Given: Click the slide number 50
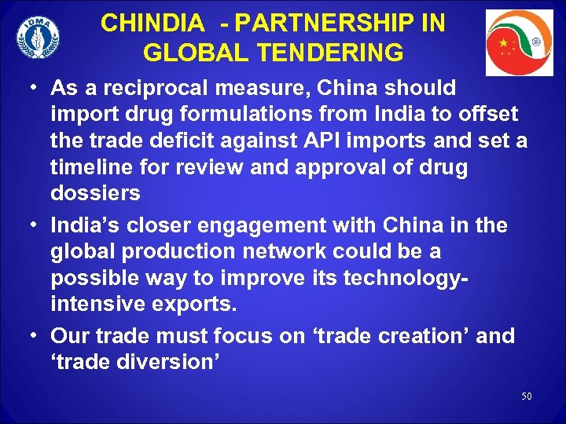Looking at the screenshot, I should [x=526, y=397].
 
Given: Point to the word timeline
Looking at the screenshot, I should [x=93, y=168].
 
